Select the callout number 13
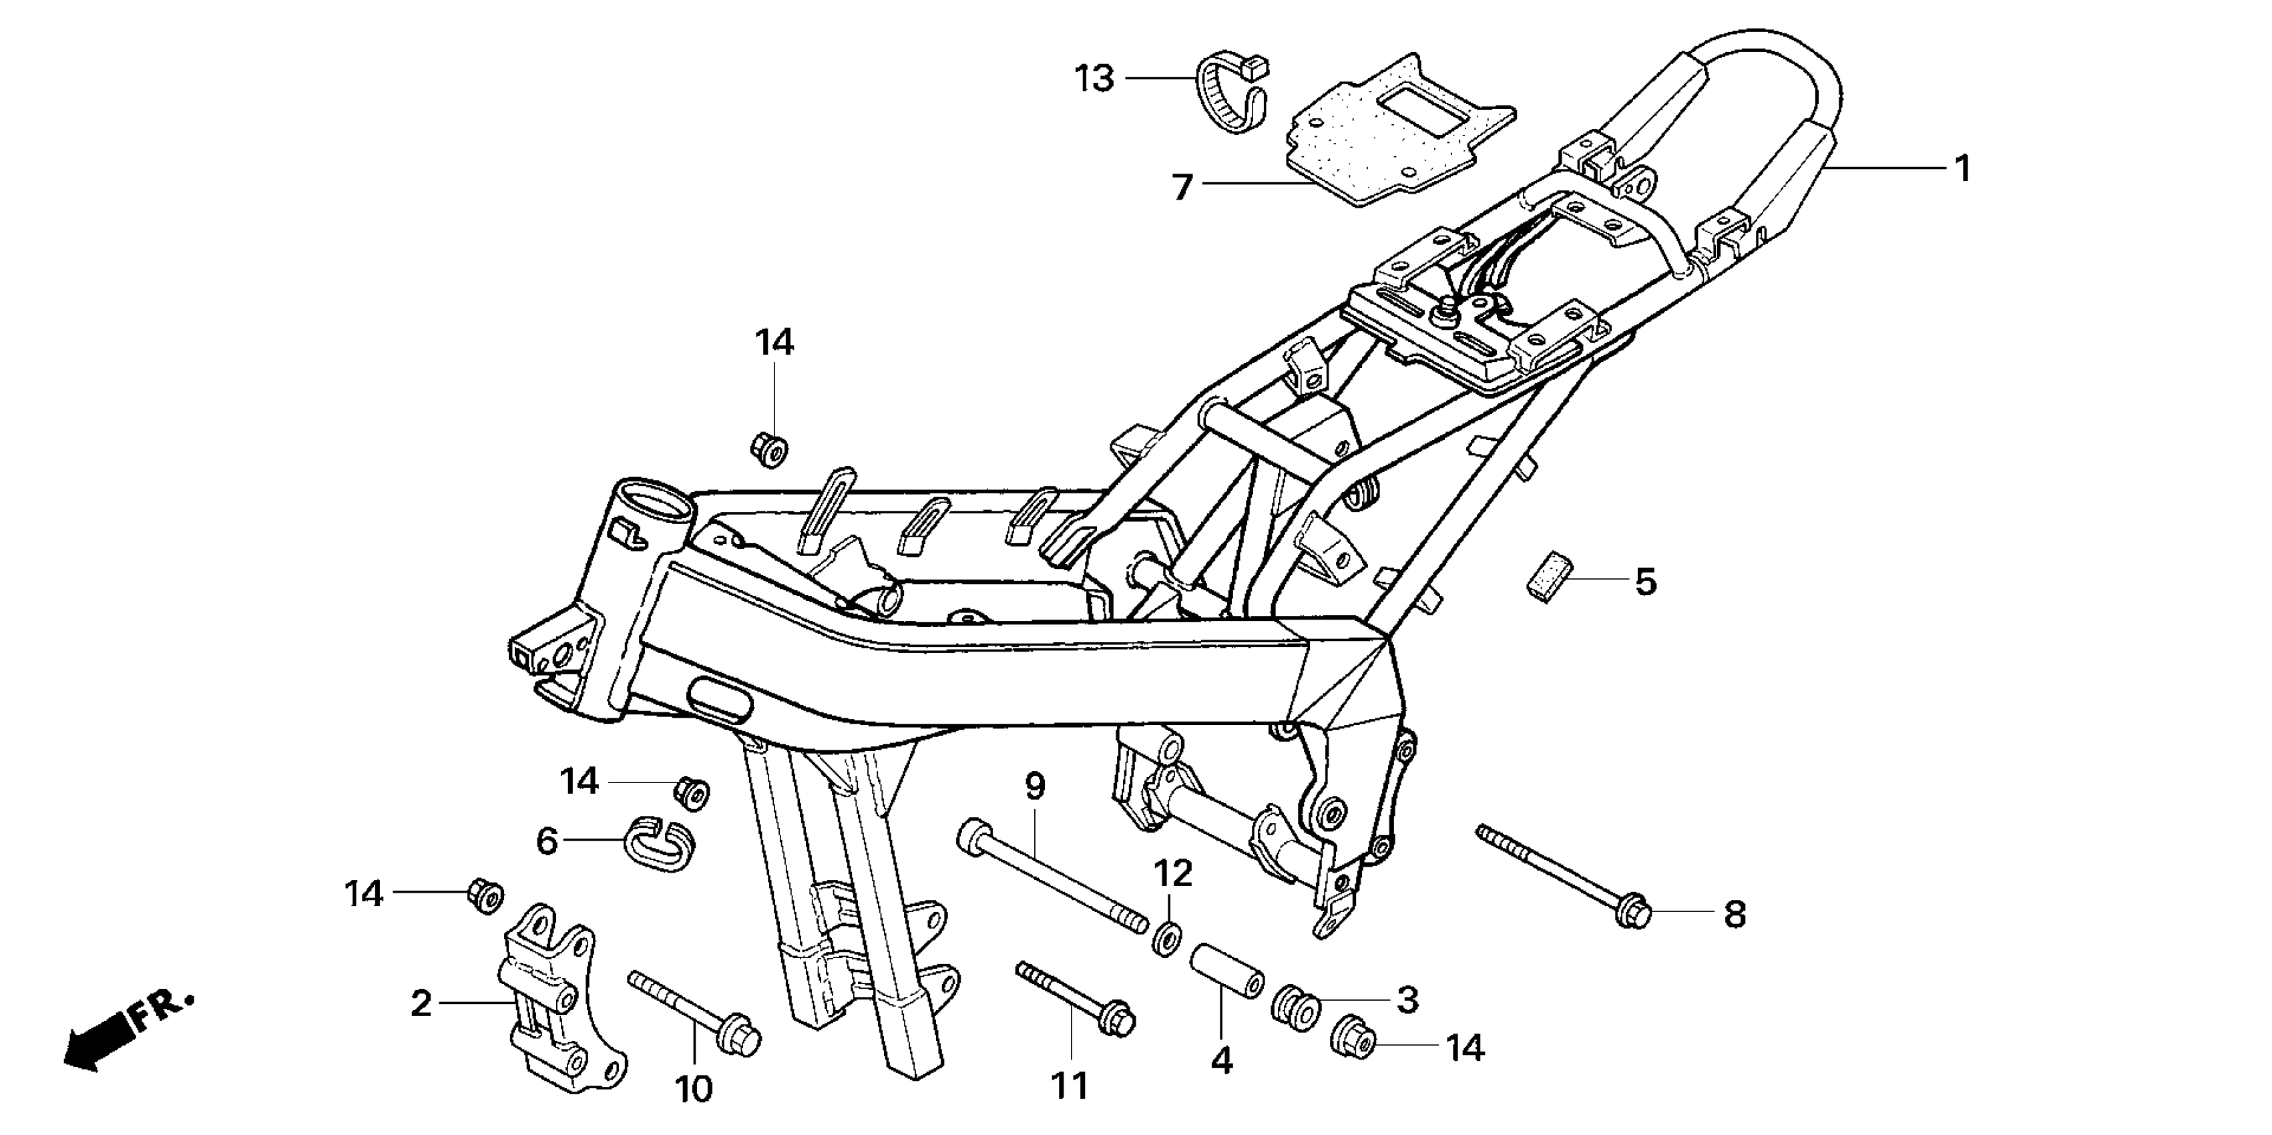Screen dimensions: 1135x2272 [1094, 79]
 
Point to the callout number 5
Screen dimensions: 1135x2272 [1645, 582]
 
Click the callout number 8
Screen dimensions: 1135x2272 [1734, 915]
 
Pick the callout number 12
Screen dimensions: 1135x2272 [1173, 873]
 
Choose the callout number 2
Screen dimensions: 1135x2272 [421, 1003]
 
